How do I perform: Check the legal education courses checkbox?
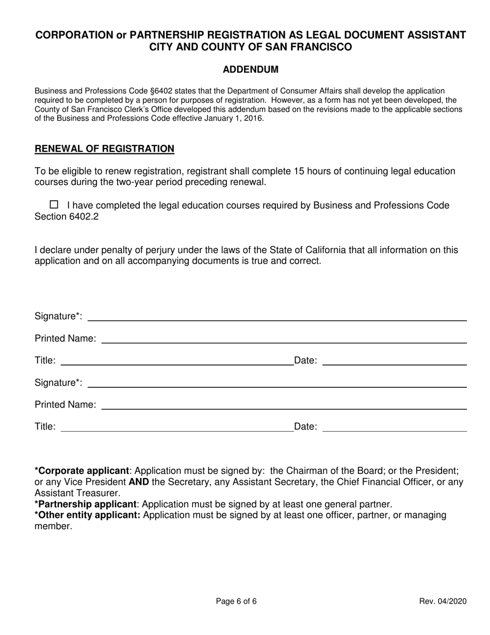coord(54,204)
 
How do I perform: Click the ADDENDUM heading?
coord(250,70)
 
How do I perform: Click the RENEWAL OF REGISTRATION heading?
coord(104,149)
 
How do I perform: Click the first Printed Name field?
coord(284,339)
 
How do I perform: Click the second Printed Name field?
coord(284,405)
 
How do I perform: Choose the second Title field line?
coord(176,427)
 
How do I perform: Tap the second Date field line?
coord(394,427)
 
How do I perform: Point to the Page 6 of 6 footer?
coord(236,601)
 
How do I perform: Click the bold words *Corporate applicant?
coord(81,471)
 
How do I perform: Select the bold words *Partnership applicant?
coord(85,504)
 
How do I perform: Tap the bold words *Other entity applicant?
coord(87,515)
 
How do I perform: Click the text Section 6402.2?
coord(66,217)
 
